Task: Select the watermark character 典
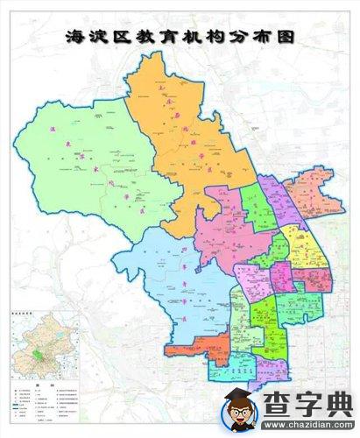click(x=338, y=406)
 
